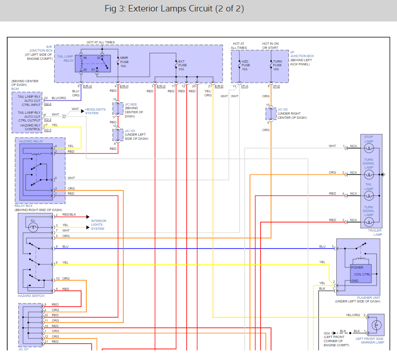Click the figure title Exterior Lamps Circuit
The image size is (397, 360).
(174, 9)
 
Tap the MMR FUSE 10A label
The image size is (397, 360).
(124, 62)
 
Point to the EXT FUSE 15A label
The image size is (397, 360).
(182, 65)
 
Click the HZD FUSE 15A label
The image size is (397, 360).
(245, 65)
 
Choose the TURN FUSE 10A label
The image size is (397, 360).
(277, 65)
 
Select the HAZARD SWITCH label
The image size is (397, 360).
(31, 296)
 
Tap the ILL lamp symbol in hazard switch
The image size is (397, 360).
(33, 226)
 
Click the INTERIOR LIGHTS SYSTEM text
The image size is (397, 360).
(99, 225)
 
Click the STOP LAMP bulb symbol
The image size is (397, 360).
(369, 148)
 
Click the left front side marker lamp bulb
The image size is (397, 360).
(376, 325)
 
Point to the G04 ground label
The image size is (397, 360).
(327, 333)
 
